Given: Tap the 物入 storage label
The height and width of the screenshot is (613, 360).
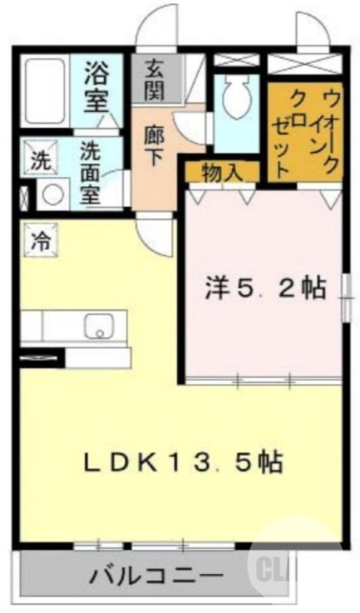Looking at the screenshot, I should pyautogui.click(x=222, y=172).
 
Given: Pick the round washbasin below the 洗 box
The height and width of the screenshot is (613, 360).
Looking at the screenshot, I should pyautogui.click(x=52, y=195).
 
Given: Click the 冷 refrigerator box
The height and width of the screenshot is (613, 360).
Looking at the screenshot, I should pyautogui.click(x=38, y=239).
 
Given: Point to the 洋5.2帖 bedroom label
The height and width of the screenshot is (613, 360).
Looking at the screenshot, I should pyautogui.click(x=264, y=289).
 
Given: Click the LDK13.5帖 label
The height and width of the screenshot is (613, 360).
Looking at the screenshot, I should pyautogui.click(x=182, y=461).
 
